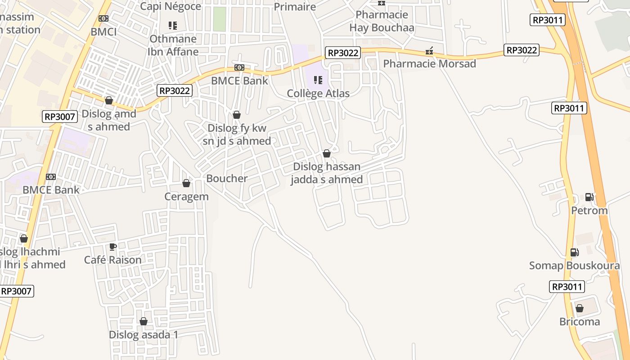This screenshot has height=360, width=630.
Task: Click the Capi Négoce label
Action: (171, 6)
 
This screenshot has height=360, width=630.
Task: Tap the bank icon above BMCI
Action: (103, 18)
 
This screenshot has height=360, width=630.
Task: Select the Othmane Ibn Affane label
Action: (173, 45)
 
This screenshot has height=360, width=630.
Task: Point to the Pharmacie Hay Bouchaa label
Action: (382, 21)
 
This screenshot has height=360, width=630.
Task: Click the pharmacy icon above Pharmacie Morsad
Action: (429, 51)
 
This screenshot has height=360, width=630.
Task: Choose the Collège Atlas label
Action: (318, 94)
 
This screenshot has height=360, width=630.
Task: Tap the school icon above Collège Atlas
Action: (318, 80)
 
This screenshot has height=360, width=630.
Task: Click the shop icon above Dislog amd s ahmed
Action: (108, 100)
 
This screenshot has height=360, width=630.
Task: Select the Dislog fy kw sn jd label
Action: (237, 135)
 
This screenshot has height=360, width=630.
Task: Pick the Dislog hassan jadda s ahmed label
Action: (327, 173)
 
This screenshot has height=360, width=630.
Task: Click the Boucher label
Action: (227, 178)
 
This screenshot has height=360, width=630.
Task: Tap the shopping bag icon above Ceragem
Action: (186, 183)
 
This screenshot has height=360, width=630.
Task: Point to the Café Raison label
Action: (113, 260)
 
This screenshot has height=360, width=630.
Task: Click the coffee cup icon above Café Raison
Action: (113, 247)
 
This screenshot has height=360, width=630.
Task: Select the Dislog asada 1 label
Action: (144, 335)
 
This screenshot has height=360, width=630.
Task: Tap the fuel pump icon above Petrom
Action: (589, 197)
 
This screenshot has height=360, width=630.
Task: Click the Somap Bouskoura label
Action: (574, 265)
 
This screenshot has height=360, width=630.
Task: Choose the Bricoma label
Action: (580, 322)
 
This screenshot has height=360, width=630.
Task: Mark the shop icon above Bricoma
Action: (580, 308)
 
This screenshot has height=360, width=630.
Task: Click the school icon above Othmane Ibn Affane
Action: (173, 26)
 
